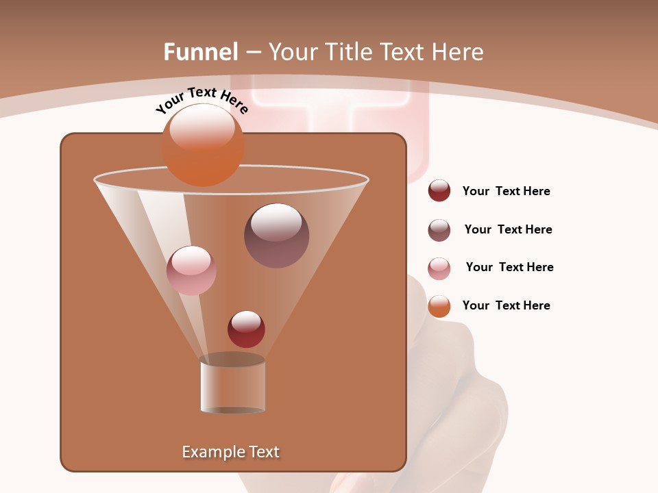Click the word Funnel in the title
tap(200, 52)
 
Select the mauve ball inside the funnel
tap(276, 236)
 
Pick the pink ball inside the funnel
tap(191, 270)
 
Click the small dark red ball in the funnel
tap(246, 329)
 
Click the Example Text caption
tap(230, 452)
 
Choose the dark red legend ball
tap(439, 191)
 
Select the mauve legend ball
tap(439, 230)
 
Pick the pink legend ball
tap(439, 268)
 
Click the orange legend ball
tap(439, 306)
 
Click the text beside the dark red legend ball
tap(506, 191)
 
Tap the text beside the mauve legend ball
tap(508, 229)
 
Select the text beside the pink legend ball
tap(509, 267)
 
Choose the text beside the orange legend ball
tap(506, 305)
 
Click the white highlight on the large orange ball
tap(202, 127)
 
